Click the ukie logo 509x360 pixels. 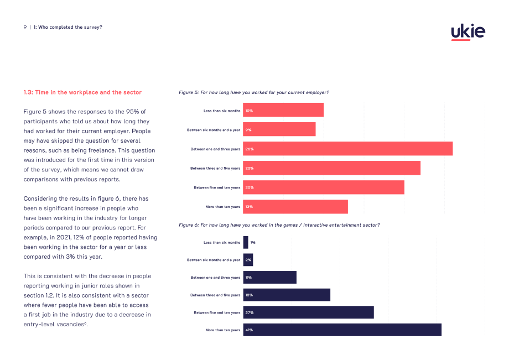468,32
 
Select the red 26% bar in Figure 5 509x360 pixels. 347,149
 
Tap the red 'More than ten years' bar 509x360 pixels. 295,207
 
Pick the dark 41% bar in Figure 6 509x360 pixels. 342,330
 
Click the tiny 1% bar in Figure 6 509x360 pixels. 246,242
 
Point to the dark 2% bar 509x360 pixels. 248,260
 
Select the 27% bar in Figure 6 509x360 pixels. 308,312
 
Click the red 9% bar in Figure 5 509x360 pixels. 279,129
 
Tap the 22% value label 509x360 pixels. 250,168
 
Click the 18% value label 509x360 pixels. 249,295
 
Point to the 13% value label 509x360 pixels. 249,207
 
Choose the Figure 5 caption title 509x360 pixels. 254,92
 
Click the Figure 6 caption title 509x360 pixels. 279,225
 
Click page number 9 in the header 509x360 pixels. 25,27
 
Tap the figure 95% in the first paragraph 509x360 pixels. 133,112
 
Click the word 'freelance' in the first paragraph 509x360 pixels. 101,150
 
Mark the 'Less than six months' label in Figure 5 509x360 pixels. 222,111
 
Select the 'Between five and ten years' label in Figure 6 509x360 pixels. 217,312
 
